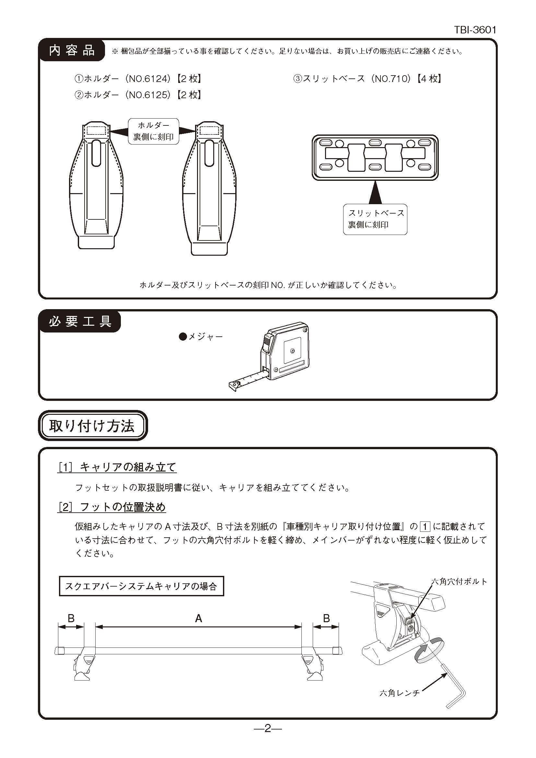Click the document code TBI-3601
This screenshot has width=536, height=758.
pos(475,30)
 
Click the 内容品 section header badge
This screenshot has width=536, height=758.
pos(72,51)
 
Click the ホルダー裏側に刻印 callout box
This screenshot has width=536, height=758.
pos(154,131)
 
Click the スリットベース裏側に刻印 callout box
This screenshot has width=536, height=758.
pos(375,219)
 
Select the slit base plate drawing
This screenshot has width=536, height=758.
pos(375,157)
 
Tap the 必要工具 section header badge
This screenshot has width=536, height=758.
pos(80,321)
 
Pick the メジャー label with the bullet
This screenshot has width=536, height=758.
pos(201,337)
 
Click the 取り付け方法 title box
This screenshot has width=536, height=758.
pos(92,426)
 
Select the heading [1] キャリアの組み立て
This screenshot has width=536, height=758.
pos(117,467)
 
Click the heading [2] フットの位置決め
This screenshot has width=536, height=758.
pos(112,507)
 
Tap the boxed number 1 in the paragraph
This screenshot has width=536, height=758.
pos(425,527)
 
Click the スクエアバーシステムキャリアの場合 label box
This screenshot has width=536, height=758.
pos(141,586)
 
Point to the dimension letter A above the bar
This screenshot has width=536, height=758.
pos(198,618)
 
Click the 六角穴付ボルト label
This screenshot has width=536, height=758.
pos(459,582)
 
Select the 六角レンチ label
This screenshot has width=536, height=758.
pos(399,693)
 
